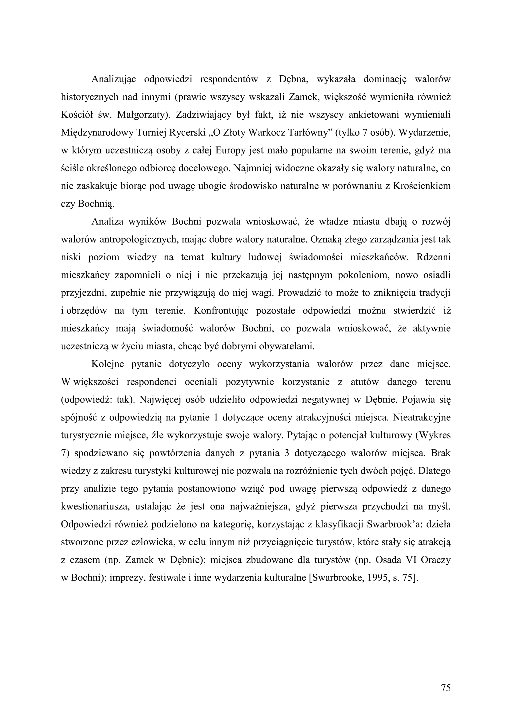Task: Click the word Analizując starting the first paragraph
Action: click(x=113, y=79)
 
